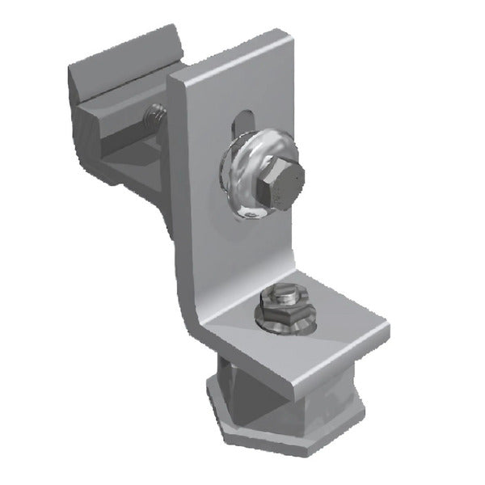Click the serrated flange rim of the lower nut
click(x=283, y=323)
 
